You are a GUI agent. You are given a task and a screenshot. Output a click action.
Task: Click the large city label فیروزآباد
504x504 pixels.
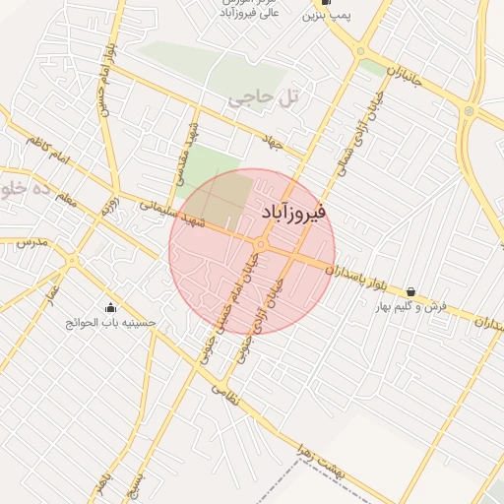(295, 212)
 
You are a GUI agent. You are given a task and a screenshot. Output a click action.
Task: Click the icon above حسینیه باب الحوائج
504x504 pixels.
(109, 307)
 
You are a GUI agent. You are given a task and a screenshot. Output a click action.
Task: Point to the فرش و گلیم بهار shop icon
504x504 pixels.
(410, 291)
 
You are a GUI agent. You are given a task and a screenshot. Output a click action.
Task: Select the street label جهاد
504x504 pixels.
(271, 143)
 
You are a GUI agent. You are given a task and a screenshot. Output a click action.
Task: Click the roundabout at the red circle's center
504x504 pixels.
(261, 244)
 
